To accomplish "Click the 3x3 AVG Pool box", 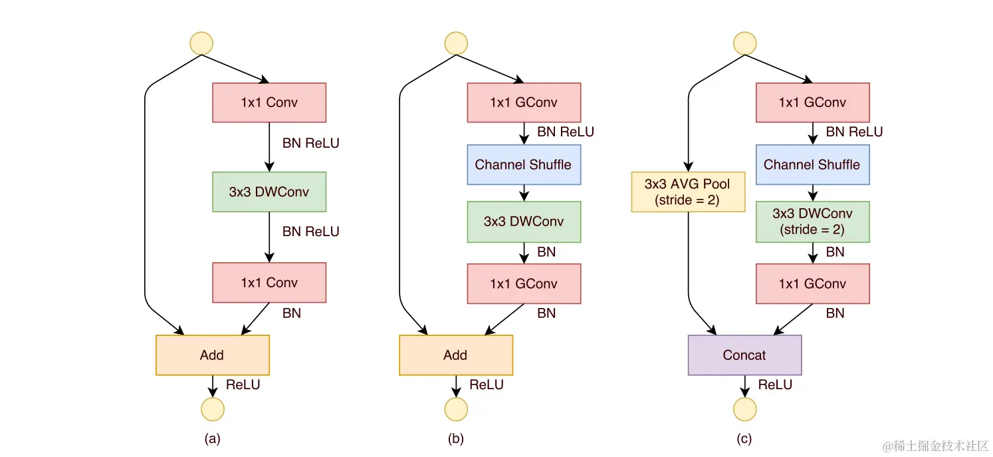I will click(687, 192).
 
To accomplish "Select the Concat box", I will click(744, 355).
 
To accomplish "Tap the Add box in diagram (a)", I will click(212, 355).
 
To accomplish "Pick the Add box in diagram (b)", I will click(455, 355).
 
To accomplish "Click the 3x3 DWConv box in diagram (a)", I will click(269, 192).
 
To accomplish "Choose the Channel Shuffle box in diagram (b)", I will click(523, 165).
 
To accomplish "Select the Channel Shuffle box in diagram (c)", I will click(812, 165).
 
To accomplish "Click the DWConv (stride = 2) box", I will click(812, 222).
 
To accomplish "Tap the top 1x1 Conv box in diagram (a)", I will click(269, 102).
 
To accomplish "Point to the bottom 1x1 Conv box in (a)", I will click(269, 283).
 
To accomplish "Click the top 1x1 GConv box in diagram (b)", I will click(523, 102).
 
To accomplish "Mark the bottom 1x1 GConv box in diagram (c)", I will click(812, 284).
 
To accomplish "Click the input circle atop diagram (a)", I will click(201, 43).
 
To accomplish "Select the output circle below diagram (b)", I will click(456, 409).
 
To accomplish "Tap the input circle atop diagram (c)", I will click(744, 43).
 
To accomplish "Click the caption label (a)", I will click(212, 439).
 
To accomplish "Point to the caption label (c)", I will click(744, 439).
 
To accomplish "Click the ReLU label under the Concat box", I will click(775, 384).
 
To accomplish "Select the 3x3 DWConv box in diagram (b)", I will click(523, 222).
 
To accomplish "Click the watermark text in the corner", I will click(935, 446).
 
